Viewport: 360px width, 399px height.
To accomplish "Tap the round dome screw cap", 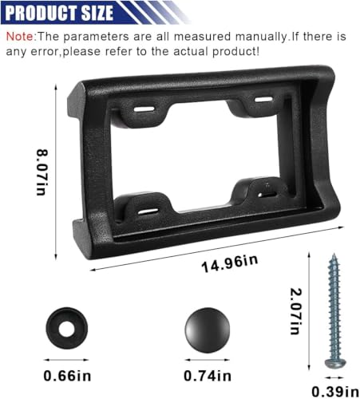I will pos(206,330).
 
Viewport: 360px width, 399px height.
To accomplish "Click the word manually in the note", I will pos(231,37).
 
